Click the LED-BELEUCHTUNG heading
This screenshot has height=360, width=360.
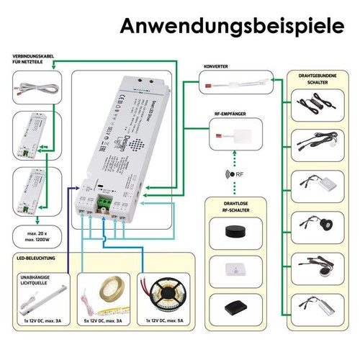pos(35,256)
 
